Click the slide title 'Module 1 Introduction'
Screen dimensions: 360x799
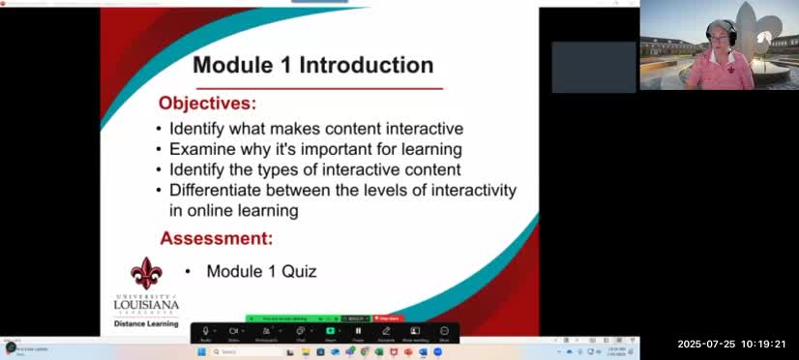coord(312,66)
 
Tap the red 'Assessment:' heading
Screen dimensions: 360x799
coord(216,238)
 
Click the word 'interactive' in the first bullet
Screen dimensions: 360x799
coord(413,129)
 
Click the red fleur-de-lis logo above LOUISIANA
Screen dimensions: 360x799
coord(146,274)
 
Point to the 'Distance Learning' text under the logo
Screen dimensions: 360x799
coord(146,324)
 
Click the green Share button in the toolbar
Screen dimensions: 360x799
coord(330,331)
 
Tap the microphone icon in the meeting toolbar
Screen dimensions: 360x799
coord(205,331)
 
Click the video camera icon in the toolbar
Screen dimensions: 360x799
coord(233,331)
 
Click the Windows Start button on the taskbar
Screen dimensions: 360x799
coord(202,352)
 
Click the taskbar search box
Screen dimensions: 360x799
coord(237,352)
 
